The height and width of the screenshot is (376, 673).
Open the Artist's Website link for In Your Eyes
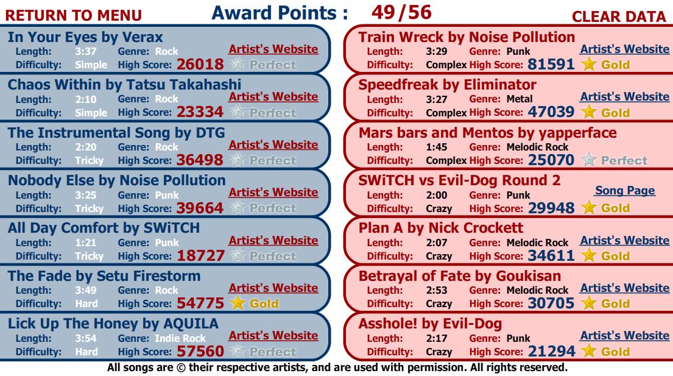[x=273, y=49]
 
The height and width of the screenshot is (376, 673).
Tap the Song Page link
[x=624, y=191]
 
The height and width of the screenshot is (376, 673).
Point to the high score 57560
[x=200, y=351]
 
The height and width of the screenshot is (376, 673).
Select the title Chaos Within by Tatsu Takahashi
[x=124, y=84]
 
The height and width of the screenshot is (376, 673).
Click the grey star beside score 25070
[x=588, y=160]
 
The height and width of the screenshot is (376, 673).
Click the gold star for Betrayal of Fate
[x=588, y=303]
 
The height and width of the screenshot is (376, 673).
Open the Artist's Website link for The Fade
[x=273, y=288]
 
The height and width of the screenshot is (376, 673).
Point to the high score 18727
[x=200, y=255]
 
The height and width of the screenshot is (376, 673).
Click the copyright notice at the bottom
[x=336, y=367]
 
